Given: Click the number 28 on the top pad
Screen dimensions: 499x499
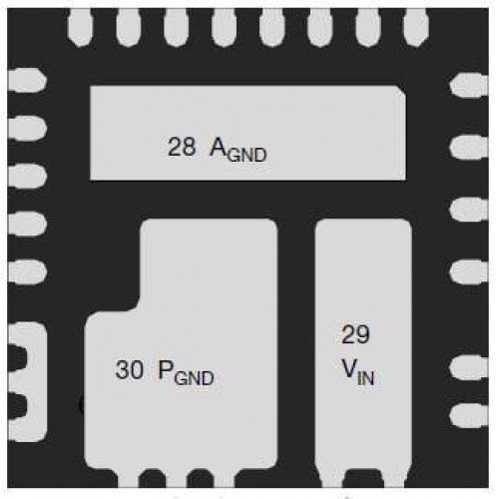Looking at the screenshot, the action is pos(182,147).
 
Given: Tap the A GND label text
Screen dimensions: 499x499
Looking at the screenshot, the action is pos(239,150).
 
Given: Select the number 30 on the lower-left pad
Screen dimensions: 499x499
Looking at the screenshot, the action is pos(129,369).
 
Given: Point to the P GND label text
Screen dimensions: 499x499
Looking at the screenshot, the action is pos(186,373).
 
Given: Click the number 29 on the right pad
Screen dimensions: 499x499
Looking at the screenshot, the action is pos(355,334).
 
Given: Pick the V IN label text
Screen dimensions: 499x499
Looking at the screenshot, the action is pos(358,373).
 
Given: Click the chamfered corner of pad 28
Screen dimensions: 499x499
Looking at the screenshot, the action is pos(402,91).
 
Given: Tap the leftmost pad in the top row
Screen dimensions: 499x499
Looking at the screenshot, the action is pos(80,28).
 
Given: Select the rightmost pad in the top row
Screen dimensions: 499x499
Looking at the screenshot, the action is pos(416,28).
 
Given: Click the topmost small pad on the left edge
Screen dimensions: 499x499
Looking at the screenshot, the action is pos(27,80).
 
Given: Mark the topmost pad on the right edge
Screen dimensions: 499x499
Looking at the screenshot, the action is pos(469,85).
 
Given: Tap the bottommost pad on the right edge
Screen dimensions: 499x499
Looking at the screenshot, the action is pos(469,416).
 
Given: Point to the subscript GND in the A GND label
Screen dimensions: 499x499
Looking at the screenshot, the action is pos(248,155).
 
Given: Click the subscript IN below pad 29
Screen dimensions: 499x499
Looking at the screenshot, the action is pos(366,378).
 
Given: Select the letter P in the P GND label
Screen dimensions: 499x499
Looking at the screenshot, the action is pos(166,369).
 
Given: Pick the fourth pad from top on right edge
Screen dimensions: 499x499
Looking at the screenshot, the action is pos(469,271).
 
